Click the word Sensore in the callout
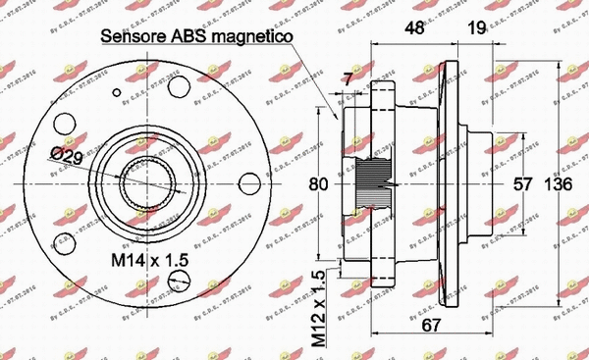135,37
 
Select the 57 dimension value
523,183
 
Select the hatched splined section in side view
376,183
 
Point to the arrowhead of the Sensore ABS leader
339,119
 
